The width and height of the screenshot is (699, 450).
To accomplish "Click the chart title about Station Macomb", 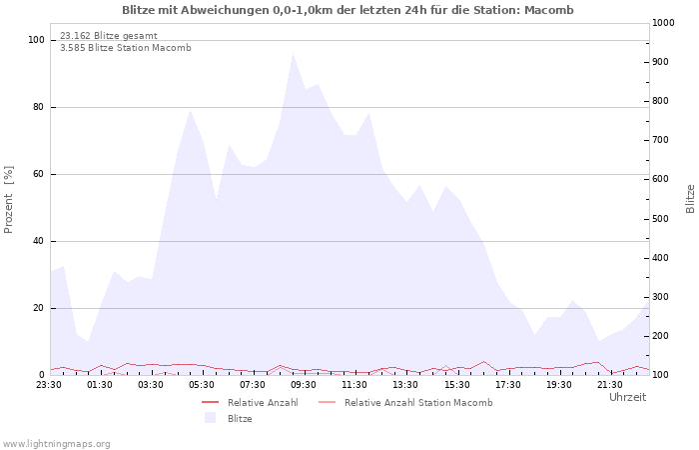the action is coord(348,10).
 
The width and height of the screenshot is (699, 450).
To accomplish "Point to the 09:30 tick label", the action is coord(304,385).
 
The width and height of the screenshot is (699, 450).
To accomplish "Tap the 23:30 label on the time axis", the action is coord(49,385).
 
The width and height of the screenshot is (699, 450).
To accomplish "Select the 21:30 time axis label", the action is coord(609,385).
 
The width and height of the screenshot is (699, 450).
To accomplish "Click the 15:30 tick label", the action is coord(456,385).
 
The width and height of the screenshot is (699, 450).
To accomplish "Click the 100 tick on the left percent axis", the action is coord(36,40).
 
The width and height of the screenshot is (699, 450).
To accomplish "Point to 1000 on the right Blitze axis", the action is coord(663,23).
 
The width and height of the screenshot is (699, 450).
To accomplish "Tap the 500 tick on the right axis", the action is coord(661,219).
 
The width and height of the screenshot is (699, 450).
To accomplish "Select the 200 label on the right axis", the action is coord(661,336).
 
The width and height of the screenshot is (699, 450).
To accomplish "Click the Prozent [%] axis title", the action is coord(8,200).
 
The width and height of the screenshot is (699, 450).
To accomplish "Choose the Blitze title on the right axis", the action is coord(690,199).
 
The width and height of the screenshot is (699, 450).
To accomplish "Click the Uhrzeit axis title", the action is coord(627,397).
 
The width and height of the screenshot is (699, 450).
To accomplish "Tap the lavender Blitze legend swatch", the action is coord(210,418).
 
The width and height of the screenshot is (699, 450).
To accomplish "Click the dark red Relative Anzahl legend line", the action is coord(210,402).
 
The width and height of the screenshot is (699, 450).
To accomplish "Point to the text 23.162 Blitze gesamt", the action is coord(108,36).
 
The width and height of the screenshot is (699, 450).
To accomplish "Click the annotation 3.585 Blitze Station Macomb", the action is coord(125,48).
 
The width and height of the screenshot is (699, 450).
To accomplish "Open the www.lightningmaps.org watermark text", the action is coord(56,444).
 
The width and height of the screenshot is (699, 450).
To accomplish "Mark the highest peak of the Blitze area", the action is coord(293,54).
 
